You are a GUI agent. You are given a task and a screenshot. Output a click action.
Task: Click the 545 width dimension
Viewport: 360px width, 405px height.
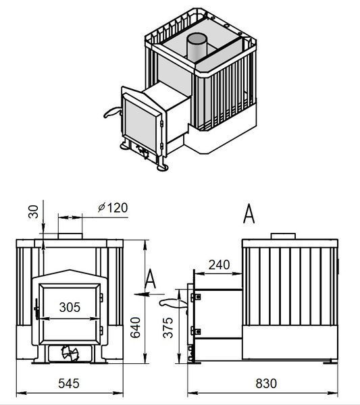69,383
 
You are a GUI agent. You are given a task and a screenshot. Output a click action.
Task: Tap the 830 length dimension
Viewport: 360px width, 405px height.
266,383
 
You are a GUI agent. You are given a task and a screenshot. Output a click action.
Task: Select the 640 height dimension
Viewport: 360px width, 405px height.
135,327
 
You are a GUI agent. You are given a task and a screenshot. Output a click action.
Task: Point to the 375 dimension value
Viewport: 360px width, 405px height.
168,327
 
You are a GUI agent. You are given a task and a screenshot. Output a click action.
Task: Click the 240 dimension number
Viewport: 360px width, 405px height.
219,265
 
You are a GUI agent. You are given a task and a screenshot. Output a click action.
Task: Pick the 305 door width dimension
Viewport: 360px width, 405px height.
70,307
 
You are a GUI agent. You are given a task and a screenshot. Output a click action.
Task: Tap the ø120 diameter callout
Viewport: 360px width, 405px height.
113,208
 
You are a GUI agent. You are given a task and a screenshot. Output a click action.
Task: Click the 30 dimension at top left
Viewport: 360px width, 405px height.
33,211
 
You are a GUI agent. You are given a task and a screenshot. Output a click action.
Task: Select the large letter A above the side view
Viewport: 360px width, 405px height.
249,213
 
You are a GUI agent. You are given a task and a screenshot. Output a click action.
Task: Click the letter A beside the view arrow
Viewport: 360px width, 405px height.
150,279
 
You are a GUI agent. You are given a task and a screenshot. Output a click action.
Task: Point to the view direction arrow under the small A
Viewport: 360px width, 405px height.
149,294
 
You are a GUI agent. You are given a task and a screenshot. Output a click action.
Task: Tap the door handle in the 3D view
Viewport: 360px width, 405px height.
112,112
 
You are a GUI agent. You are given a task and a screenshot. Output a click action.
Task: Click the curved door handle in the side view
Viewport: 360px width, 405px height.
173,303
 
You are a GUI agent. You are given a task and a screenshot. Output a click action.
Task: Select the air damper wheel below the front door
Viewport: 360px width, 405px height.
70,353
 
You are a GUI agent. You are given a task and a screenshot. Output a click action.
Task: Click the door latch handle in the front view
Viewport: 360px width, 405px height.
36,309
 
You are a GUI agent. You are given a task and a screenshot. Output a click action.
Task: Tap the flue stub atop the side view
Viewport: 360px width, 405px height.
283,236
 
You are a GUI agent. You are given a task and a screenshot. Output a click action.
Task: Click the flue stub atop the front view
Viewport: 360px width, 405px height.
70,236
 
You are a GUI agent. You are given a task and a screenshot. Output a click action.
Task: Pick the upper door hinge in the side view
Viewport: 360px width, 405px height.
196,297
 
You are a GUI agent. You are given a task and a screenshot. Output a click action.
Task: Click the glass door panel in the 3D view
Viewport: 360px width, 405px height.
141,126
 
